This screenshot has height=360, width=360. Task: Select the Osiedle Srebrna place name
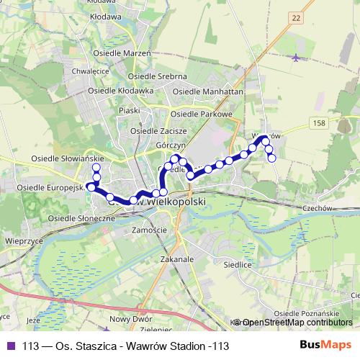(157, 76)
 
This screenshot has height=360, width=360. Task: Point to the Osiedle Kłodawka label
(121, 91)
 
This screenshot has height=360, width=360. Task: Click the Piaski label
(129, 111)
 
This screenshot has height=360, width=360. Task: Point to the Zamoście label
(150, 230)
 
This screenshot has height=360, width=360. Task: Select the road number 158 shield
(320, 124)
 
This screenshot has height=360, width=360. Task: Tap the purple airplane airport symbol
(297, 57)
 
